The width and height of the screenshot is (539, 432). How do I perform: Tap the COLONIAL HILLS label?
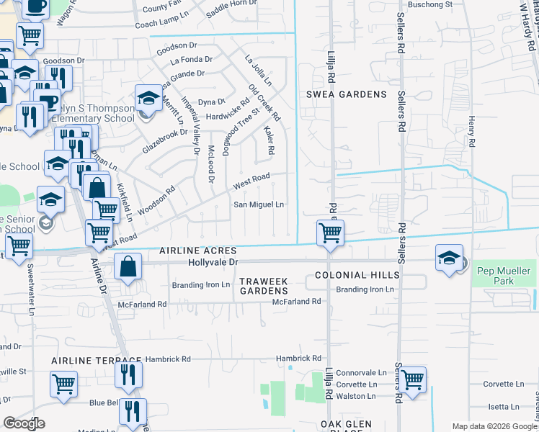point(357,276)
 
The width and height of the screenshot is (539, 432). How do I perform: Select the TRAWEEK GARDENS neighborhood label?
point(264,285)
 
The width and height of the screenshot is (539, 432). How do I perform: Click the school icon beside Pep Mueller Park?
point(448,258)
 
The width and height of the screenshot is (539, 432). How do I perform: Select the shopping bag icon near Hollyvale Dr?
point(128,267)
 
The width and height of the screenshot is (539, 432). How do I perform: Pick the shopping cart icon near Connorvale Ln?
point(412,379)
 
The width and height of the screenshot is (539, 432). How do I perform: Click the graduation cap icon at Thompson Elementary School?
point(148,99)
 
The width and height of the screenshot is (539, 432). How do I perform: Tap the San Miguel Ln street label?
point(259,204)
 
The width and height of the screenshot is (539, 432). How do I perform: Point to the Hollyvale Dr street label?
point(213,264)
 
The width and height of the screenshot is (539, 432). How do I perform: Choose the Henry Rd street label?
point(472,132)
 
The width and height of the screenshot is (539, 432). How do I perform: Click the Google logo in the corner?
point(24,423)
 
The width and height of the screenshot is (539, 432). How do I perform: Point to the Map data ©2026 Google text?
point(494,426)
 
